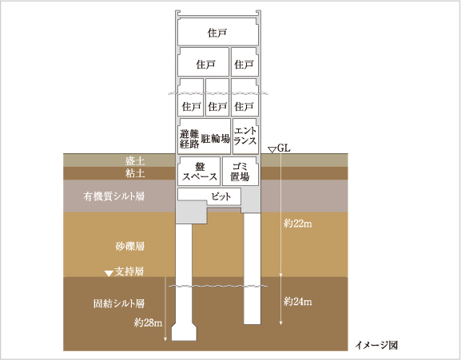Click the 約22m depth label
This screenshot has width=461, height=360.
tap(298, 224)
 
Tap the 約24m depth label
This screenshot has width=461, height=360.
tap(298, 302)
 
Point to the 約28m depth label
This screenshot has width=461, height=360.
tap(148, 322)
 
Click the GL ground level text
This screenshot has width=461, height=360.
tap(284, 148)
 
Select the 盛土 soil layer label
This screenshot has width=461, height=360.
tap(135, 161)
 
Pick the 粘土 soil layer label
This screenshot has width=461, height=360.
tap(135, 173)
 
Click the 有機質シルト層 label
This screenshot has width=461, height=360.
tap(113, 196)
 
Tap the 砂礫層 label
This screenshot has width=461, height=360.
tap(129, 246)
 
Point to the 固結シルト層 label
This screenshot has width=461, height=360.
tap(119, 303)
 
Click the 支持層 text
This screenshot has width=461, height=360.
tap(129, 271)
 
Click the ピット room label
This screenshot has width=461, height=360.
tap(221, 196)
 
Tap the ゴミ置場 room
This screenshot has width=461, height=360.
tap(240, 172)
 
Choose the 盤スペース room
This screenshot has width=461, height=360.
tap(199, 172)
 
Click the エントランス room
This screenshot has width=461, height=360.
tap(245, 136)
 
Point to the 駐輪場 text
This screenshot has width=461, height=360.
tap(216, 138)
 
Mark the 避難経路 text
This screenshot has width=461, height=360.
tap(189, 139)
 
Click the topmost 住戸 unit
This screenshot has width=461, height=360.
tap(218, 32)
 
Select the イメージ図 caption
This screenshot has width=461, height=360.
tap(376, 345)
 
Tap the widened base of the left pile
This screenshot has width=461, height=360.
tap(184, 332)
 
